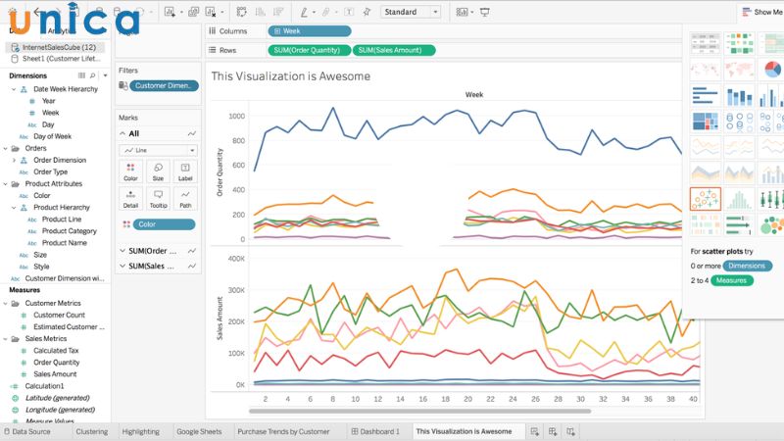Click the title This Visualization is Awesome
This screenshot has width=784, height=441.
(x=291, y=76)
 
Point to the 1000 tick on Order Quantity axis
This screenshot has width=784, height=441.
(x=236, y=116)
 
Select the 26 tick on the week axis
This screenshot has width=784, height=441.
(x=535, y=400)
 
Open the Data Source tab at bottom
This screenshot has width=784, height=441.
(x=29, y=431)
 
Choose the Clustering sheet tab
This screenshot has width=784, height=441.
(x=91, y=431)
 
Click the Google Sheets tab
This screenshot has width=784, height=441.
(x=199, y=431)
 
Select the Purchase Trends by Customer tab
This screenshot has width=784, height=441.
(x=283, y=431)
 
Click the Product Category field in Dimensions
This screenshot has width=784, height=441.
(x=70, y=231)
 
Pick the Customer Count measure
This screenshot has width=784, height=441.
(x=59, y=315)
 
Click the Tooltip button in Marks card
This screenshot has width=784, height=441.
(x=158, y=199)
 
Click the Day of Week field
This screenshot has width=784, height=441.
(x=52, y=136)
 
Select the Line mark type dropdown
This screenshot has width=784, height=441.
(x=158, y=150)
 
